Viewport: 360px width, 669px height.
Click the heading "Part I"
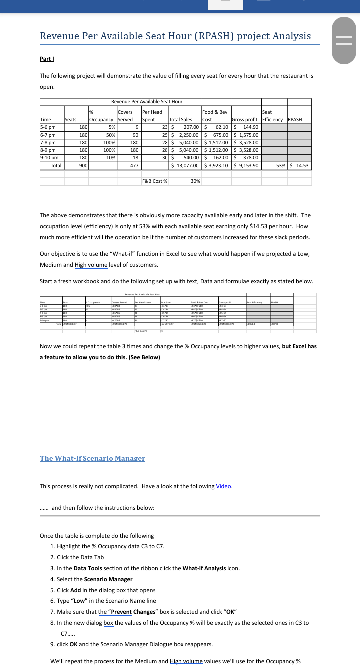click(x=47, y=59)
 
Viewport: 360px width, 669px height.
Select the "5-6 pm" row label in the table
click(x=48, y=127)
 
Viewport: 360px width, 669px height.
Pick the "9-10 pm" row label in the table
click(x=50, y=157)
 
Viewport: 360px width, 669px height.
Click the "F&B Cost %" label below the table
click(x=155, y=181)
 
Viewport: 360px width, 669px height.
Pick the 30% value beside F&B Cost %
click(x=195, y=181)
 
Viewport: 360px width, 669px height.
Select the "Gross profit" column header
click(x=245, y=120)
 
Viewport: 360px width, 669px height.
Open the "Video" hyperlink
click(x=223, y=486)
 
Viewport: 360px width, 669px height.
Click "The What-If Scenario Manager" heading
click(x=92, y=458)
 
